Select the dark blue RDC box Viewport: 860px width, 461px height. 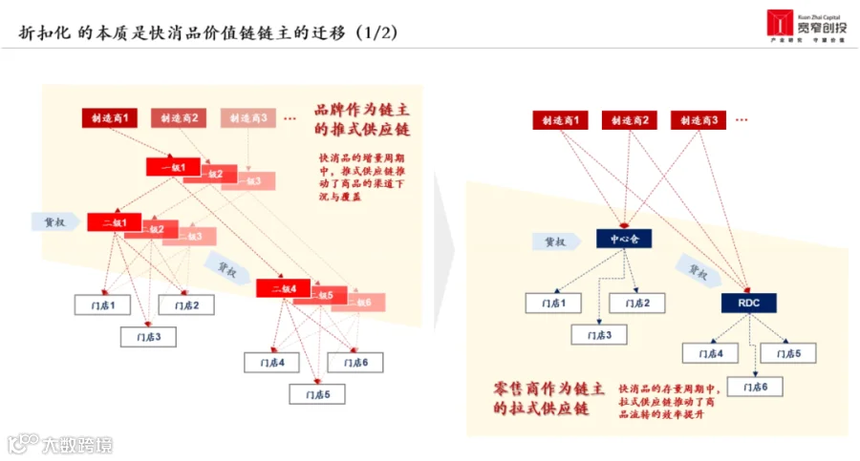[748, 303]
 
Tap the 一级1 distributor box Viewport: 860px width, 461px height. [173, 167]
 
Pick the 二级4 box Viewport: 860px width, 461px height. [284, 288]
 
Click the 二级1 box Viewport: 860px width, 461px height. [114, 222]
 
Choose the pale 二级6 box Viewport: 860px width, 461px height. [362, 302]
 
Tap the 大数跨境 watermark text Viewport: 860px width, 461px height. [75, 444]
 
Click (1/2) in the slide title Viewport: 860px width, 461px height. [376, 32]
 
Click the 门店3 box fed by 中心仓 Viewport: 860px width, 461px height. [599, 335]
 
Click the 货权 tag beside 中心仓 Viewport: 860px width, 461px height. [557, 241]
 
